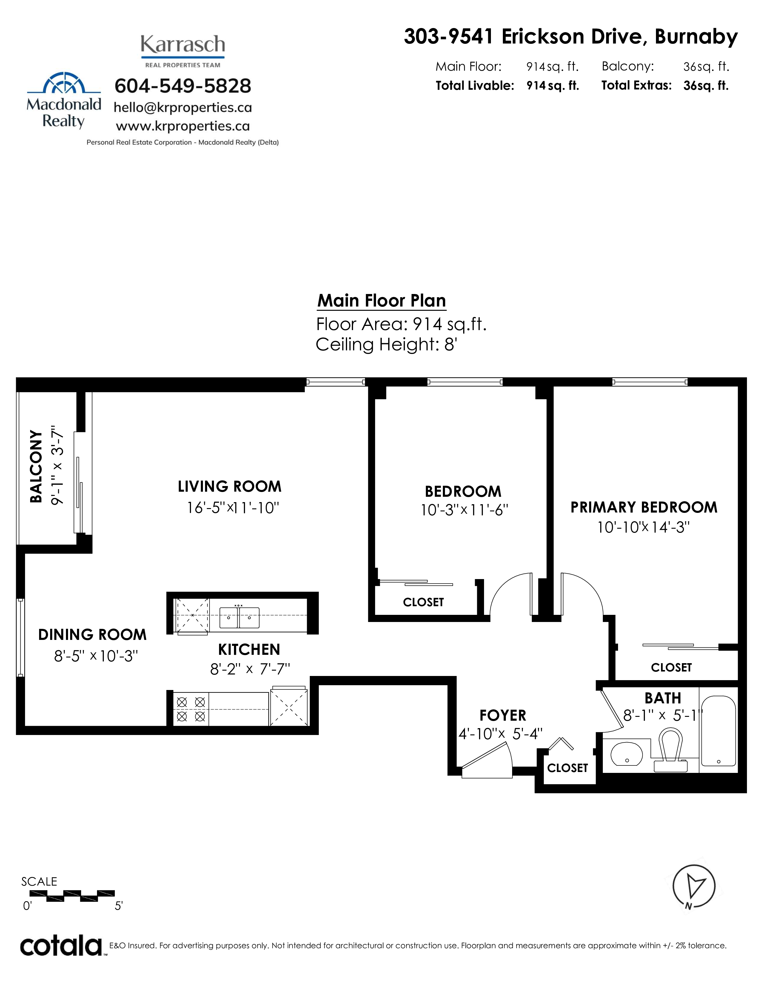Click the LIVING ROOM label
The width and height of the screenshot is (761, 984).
click(x=229, y=487)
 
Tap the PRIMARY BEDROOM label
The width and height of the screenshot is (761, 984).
click(x=644, y=507)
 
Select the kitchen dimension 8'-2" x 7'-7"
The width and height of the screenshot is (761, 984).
click(x=250, y=669)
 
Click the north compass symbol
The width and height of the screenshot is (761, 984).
click(x=693, y=886)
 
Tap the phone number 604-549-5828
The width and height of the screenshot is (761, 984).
click(x=183, y=86)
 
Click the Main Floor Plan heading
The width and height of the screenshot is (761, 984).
click(x=382, y=301)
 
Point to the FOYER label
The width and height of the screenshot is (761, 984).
click(x=503, y=715)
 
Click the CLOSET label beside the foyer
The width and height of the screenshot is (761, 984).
click(x=568, y=768)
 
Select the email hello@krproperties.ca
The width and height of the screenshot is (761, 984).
click(x=183, y=108)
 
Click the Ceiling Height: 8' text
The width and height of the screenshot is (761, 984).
click(x=386, y=345)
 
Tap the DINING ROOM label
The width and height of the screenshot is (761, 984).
click(x=93, y=635)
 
